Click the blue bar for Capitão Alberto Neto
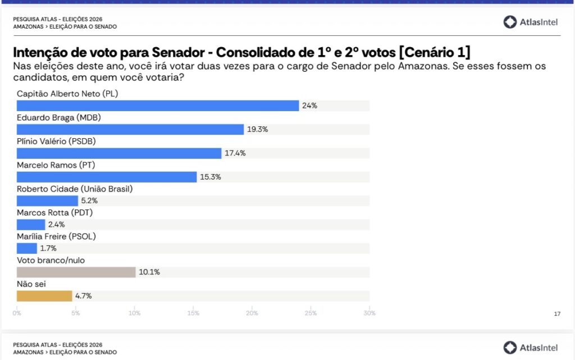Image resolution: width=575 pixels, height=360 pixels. [158, 106]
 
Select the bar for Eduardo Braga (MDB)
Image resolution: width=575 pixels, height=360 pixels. [130, 129]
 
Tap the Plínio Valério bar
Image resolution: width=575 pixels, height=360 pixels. [119, 153]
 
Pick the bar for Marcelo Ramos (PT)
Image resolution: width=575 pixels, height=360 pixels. [107, 177]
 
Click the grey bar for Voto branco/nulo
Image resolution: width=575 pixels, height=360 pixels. [76, 272]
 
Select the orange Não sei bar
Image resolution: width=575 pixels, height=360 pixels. [44, 296]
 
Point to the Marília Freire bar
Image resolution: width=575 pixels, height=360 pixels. [27, 248]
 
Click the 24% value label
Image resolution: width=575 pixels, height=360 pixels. [309, 106]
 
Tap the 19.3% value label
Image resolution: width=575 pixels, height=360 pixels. [257, 129]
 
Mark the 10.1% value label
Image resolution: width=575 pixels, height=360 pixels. [149, 272]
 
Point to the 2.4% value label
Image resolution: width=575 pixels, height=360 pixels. [56, 225]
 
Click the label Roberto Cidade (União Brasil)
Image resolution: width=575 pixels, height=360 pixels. [74, 189]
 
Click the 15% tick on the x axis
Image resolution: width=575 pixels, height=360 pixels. [193, 313]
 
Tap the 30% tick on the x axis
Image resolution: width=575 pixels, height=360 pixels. [369, 313]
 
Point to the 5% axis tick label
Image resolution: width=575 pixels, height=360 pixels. [75, 313]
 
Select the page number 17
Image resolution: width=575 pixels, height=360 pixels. [557, 314]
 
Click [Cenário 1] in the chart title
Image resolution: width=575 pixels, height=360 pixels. [435, 53]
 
